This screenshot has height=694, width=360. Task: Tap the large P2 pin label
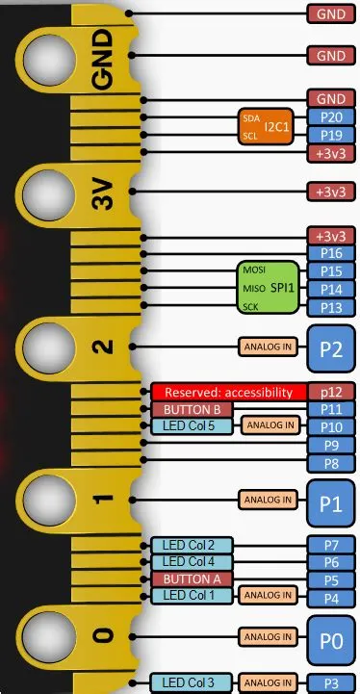pyautogui.click(x=330, y=347)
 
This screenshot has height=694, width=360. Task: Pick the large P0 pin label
pyautogui.click(x=330, y=636)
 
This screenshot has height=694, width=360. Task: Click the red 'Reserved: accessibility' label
pyautogui.click(x=227, y=392)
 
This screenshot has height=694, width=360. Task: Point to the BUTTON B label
pyautogui.click(x=192, y=409)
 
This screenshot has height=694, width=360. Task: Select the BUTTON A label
pyautogui.click(x=192, y=579)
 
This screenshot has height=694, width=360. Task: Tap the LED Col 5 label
pyautogui.click(x=192, y=425)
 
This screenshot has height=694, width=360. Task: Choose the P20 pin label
pyautogui.click(x=330, y=117)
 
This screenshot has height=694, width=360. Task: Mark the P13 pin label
pyautogui.click(x=330, y=307)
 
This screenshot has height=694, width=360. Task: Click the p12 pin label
pyautogui.click(x=330, y=392)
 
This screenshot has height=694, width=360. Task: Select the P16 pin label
pyautogui.click(x=330, y=253)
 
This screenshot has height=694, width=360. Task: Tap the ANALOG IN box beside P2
pyautogui.click(x=266, y=347)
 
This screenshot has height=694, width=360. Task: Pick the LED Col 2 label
pyautogui.click(x=192, y=545)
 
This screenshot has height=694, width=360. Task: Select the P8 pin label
pyautogui.click(x=330, y=463)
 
